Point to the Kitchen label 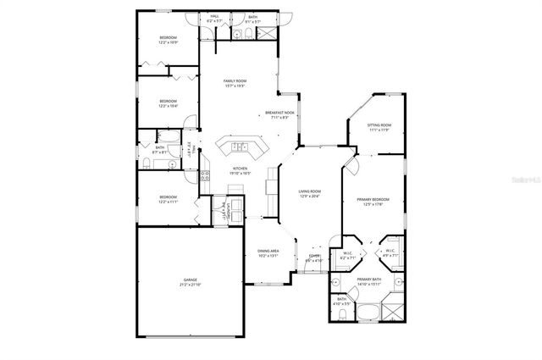(x=241, y=169)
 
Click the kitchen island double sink (x=241, y=147)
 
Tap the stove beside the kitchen (x=205, y=176)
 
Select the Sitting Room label (x=379, y=125)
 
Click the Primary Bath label (x=369, y=279)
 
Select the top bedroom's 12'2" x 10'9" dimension (x=168, y=43)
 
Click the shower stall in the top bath (x=265, y=34)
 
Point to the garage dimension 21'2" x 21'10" (x=190, y=285)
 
